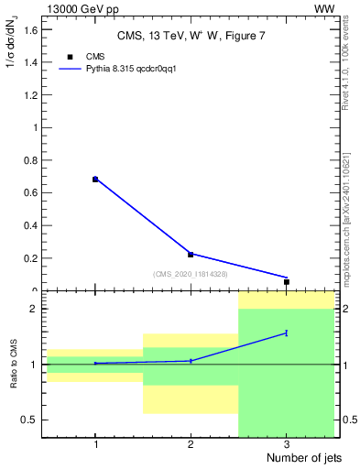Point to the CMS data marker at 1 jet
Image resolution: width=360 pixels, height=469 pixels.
coord(95,180)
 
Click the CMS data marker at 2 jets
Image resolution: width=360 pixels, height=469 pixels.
coord(191,254)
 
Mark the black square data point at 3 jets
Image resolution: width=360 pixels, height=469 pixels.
coord(287,282)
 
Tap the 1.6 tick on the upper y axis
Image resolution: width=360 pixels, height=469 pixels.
coord(35,30)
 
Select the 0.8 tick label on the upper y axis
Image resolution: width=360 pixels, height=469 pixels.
coord(35,160)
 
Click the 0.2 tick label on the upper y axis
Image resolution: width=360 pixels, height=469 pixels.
coord(35,258)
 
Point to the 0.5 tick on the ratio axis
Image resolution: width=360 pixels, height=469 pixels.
coord(35,420)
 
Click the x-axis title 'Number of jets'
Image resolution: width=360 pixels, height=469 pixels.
coord(300,457)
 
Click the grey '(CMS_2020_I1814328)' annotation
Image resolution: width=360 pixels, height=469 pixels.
coord(191,273)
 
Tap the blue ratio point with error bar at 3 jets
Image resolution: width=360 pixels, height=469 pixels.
coord(287,333)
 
